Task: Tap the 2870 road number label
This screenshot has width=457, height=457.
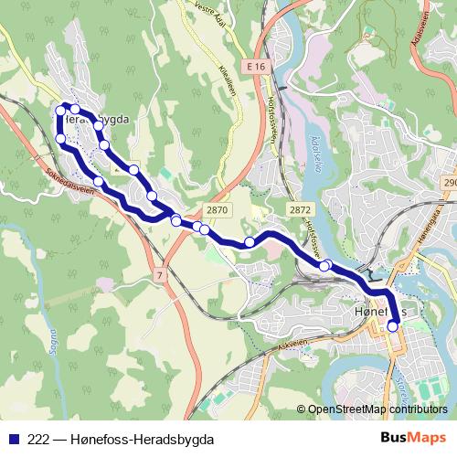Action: point(216,210)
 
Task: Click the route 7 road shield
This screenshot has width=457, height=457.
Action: point(160,274)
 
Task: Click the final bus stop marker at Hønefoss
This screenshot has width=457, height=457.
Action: point(394,325)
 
